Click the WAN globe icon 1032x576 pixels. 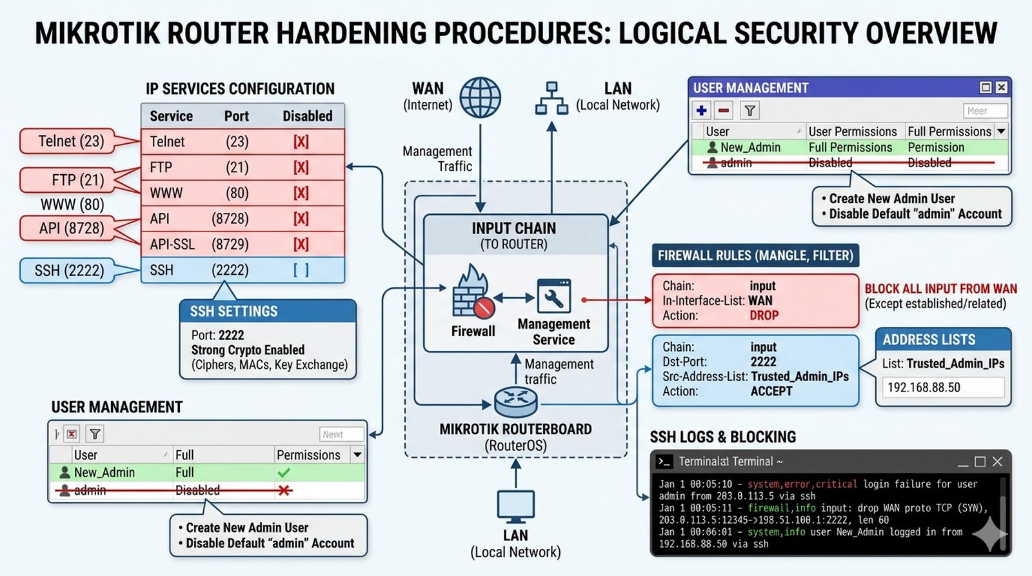pos(480,97)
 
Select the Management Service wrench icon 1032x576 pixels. pos(554,296)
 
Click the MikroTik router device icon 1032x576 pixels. pos(515,401)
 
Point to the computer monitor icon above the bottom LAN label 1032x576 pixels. pos(515,506)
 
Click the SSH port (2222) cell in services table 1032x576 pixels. pos(230,270)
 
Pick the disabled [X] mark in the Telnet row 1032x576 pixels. pos(301,142)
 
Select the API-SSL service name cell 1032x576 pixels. pos(172,244)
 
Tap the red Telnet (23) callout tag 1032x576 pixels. pos(71,141)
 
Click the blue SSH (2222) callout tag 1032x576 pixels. pos(69,270)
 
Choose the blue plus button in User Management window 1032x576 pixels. pos(702,111)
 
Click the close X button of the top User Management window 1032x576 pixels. pos(1001,87)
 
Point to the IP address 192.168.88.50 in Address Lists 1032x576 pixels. pos(924,388)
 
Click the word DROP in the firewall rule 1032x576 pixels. pos(764,315)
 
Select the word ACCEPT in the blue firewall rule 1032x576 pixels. pos(771,391)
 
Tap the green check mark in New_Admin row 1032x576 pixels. pos(284,473)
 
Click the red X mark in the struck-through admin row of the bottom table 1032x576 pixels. pos(284,491)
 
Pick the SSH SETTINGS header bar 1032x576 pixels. pos(268,311)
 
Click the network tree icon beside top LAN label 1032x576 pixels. pos(551,98)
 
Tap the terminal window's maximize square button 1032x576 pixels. pos(980,462)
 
